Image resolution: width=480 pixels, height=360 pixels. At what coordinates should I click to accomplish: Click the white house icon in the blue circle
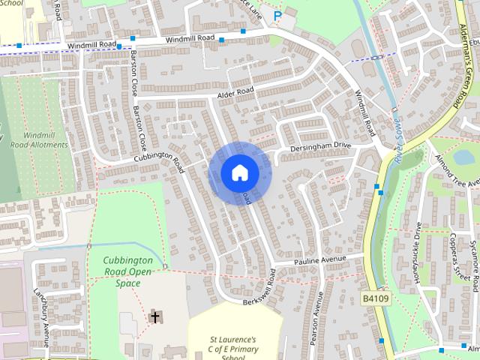point(239,173)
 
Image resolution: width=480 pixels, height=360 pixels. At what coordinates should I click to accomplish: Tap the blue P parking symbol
point(277,15)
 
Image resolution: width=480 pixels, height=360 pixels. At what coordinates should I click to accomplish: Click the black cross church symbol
point(155,317)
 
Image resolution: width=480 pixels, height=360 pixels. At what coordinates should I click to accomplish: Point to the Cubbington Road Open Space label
point(127,271)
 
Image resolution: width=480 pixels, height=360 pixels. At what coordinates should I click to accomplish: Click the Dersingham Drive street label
point(321,145)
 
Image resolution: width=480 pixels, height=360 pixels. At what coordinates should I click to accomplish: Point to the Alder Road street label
point(235,92)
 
